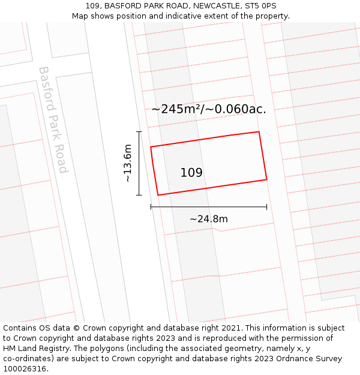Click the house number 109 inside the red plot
(x=191, y=173)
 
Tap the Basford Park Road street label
(x=53, y=119)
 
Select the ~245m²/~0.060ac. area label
(x=209, y=109)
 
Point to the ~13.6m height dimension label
(x=127, y=163)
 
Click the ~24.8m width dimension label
(x=209, y=219)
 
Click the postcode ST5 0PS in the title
(x=260, y=6)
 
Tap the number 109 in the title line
(x=92, y=6)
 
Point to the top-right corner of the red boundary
(x=259, y=131)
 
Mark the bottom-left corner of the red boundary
(x=158, y=195)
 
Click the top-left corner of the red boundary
(x=151, y=146)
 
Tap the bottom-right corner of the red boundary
(x=266, y=179)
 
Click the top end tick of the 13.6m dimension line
(x=139, y=131)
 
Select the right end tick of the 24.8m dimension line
(x=266, y=207)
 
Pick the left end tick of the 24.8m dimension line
(x=151, y=207)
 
